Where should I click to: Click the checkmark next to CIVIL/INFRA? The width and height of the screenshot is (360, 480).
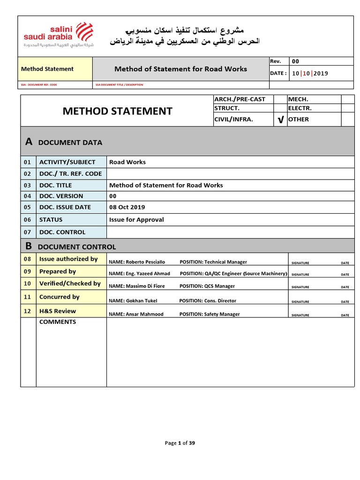point(280,120)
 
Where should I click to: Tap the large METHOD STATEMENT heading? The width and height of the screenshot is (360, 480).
point(118,111)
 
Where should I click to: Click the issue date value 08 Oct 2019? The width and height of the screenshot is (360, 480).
point(127,207)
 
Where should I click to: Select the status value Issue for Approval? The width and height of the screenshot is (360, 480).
point(136,219)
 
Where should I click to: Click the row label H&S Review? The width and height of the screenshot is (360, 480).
point(57,311)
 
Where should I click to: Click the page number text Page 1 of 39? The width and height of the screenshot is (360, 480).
point(180,443)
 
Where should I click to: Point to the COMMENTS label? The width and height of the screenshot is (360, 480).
point(58,322)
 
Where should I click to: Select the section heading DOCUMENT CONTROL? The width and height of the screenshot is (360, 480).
point(77,247)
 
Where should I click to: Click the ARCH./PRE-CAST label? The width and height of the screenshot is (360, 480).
point(240,99)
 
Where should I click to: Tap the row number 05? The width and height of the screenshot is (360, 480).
point(28,207)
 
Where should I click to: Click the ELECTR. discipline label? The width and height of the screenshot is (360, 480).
point(300,108)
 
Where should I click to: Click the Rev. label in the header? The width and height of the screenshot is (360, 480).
point(275,61)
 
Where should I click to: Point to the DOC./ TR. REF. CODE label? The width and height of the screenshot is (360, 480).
point(70,173)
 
